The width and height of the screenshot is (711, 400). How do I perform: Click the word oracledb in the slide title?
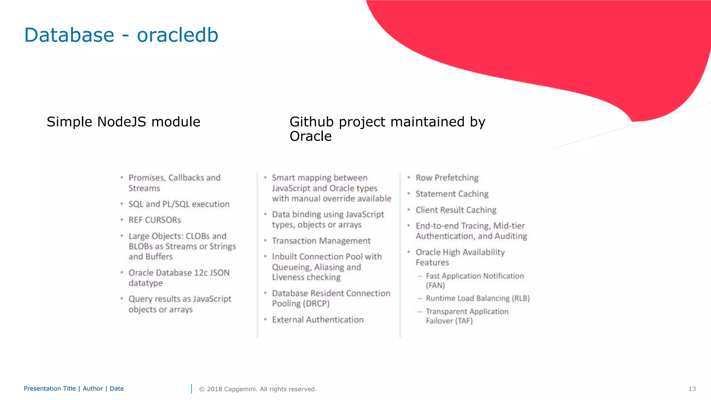[x=177, y=35]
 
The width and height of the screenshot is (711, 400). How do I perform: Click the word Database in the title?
[x=69, y=35]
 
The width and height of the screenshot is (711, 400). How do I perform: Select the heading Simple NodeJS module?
[x=123, y=122]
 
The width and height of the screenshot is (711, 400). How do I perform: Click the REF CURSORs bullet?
[x=154, y=220]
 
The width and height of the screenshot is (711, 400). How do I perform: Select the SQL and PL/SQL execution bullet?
[x=179, y=204]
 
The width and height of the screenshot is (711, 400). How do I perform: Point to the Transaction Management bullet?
[x=321, y=241]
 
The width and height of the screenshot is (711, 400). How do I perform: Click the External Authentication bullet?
[x=318, y=320]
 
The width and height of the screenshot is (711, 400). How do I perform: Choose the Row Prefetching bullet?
[x=447, y=178]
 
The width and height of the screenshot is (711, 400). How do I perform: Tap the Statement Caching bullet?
[x=452, y=194]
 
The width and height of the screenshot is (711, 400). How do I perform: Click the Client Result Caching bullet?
[x=456, y=210]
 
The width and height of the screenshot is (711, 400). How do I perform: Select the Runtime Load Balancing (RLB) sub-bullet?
[x=477, y=298]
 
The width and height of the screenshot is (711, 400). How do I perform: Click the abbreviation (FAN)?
[x=435, y=285]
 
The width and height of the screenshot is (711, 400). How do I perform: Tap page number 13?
[x=692, y=389]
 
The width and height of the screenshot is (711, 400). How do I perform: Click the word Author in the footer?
[x=93, y=389]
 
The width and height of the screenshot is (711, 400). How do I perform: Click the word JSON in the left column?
[x=219, y=273]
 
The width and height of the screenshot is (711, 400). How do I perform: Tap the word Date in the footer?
[x=117, y=389]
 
